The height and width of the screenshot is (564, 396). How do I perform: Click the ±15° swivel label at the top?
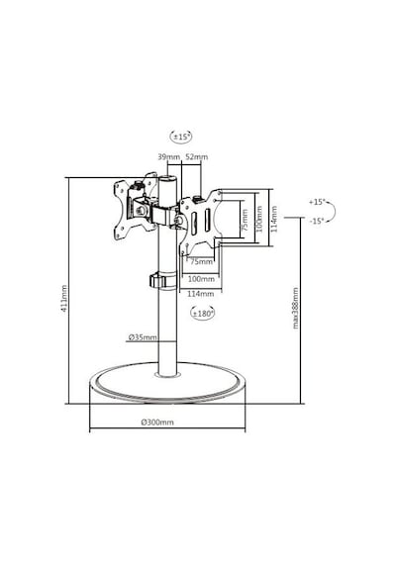point(181,137)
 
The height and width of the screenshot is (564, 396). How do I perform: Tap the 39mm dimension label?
point(168,156)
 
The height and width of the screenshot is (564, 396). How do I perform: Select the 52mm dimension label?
point(196,156)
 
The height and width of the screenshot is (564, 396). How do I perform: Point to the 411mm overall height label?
point(63,298)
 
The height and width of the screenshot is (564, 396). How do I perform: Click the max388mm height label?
point(296,308)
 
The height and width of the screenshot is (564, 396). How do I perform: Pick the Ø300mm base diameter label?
point(157,422)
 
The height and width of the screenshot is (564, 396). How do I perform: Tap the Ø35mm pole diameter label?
point(143,337)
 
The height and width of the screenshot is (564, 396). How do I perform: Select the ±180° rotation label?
point(202,314)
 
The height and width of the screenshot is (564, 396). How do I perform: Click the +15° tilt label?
point(317,202)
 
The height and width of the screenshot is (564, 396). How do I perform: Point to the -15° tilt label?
point(317,221)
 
